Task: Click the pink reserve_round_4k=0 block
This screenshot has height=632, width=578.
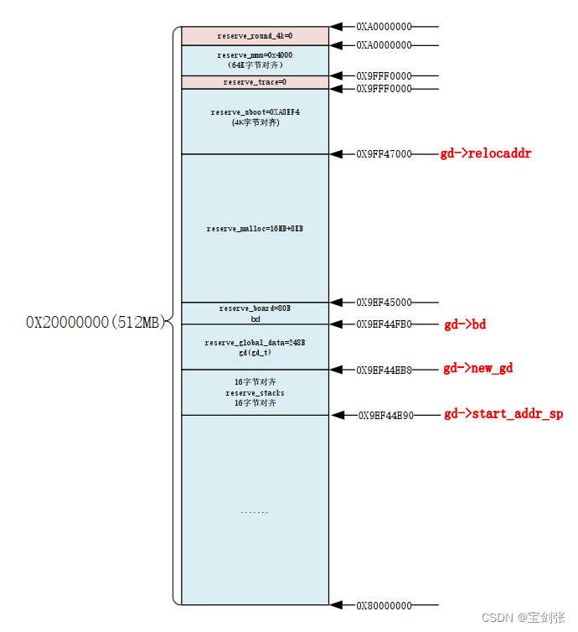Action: pyautogui.click(x=255, y=36)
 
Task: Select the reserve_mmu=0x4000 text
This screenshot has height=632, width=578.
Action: pyautogui.click(x=255, y=55)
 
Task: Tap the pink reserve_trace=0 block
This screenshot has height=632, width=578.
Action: pyautogui.click(x=255, y=82)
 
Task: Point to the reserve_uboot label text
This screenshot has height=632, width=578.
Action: pyautogui.click(x=255, y=112)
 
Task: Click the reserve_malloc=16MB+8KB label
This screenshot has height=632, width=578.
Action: pyautogui.click(x=255, y=229)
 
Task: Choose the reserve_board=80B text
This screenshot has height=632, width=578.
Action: pyautogui.click(x=255, y=308)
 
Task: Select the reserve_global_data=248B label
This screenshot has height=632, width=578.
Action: pyautogui.click(x=255, y=343)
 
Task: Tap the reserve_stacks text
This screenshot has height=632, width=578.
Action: pyautogui.click(x=255, y=393)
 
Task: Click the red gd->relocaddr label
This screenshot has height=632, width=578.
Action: pyautogui.click(x=486, y=154)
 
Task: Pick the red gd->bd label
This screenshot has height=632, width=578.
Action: pyautogui.click(x=465, y=325)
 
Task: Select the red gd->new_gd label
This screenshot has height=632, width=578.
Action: pyautogui.click(x=477, y=369)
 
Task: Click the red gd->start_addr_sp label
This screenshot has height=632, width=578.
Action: pyautogui.click(x=503, y=414)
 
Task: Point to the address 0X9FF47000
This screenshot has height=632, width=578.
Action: pyautogui.click(x=384, y=154)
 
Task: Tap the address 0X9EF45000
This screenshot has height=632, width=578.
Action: pyautogui.click(x=384, y=303)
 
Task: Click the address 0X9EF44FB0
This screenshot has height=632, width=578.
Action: pyautogui.click(x=384, y=324)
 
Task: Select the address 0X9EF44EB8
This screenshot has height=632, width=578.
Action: pyautogui.click(x=384, y=370)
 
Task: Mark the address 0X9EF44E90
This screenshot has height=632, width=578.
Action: pyautogui.click(x=386, y=415)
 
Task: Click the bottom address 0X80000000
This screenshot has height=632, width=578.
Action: pyautogui.click(x=384, y=605)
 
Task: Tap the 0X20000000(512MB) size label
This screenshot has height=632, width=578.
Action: pyautogui.click(x=95, y=323)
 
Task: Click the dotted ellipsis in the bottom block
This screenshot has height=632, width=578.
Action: pyautogui.click(x=255, y=511)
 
